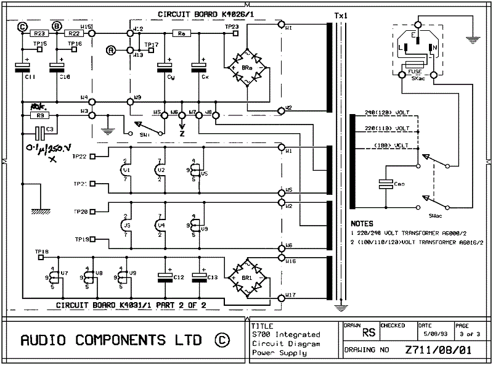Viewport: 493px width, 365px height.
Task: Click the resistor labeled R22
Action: [73, 34]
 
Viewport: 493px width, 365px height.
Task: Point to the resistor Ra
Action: [181, 34]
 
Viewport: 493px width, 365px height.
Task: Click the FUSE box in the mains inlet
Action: [412, 64]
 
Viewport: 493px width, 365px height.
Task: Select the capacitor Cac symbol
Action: [385, 184]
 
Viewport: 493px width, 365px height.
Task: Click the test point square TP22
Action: [93, 157]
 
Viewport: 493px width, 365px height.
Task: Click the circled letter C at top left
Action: [23, 26]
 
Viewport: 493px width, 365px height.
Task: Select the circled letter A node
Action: [111, 49]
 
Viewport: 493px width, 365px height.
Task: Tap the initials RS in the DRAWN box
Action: [369, 332]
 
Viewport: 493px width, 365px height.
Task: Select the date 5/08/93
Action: [431, 333]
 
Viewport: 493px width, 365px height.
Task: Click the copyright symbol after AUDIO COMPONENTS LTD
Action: [222, 340]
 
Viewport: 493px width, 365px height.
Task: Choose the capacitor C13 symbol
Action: [199, 277]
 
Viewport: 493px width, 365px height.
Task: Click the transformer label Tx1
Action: [340, 15]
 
